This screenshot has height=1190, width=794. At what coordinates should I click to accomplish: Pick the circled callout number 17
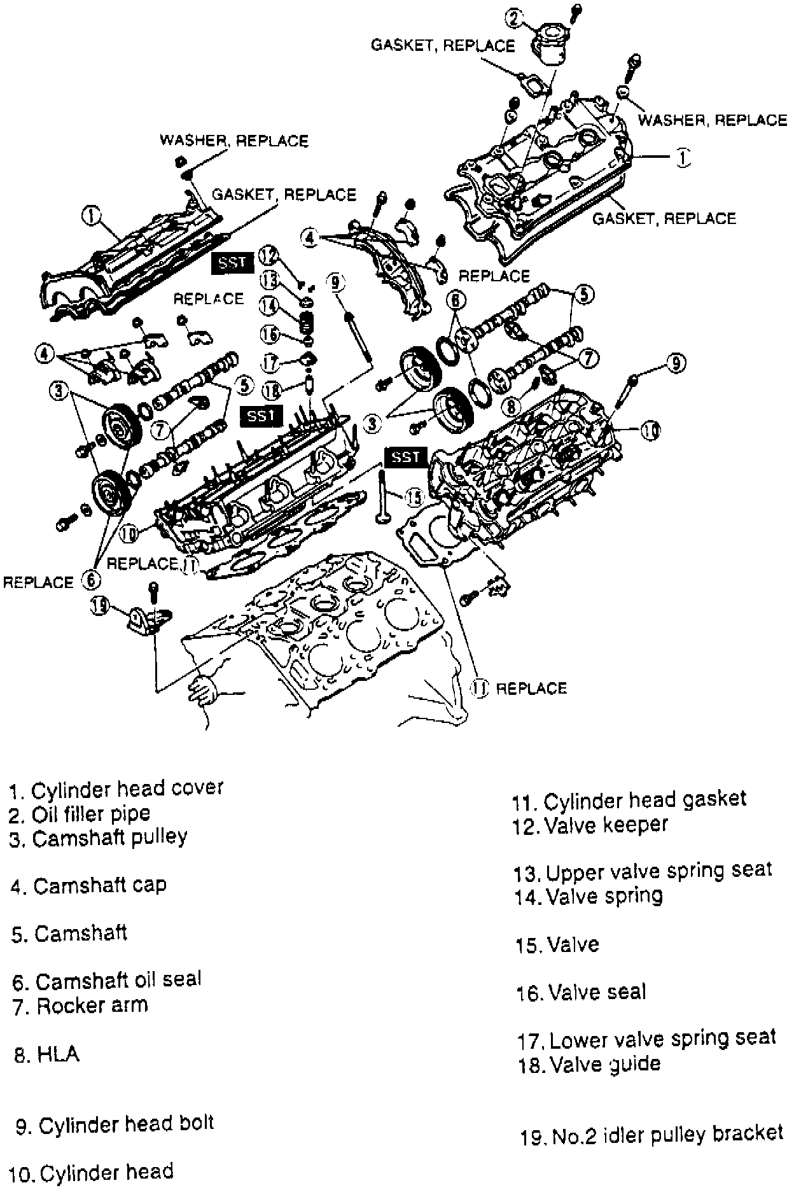(271, 363)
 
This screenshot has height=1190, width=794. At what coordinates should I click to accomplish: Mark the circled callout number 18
(273, 389)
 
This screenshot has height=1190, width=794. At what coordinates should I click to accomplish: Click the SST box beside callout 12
(232, 262)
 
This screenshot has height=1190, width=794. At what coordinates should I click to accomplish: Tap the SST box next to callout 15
(404, 457)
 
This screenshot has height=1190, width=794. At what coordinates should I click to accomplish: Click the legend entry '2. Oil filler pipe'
(80, 814)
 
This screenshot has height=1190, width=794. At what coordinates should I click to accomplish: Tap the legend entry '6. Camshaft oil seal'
(106, 981)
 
